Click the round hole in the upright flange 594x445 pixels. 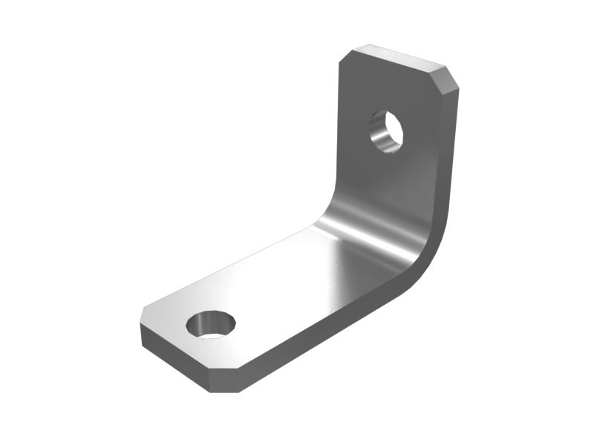click(x=385, y=131)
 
